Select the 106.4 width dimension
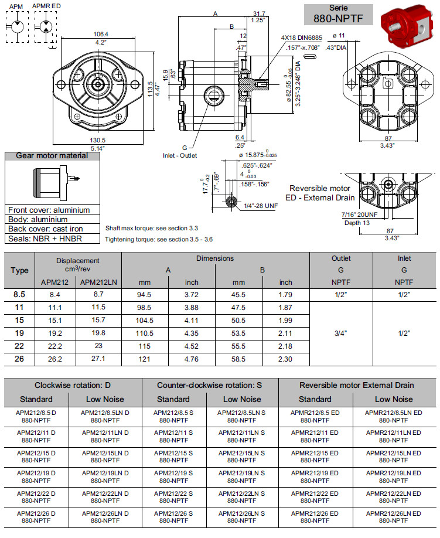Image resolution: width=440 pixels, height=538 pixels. pos(100,33)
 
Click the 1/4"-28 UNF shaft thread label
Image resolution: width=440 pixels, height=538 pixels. pos(262,205)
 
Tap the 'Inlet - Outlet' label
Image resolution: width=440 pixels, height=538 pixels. pos(180,155)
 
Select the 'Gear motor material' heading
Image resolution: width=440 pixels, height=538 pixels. pos(52,156)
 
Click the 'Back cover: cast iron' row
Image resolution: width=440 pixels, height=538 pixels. pos(46,229)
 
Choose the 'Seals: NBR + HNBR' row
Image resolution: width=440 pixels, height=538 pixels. pos(45,239)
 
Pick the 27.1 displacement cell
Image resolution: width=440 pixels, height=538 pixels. pos(100,359)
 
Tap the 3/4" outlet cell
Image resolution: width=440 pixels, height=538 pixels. pos(340,333)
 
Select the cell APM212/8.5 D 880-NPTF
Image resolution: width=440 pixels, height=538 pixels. pos(36,417)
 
